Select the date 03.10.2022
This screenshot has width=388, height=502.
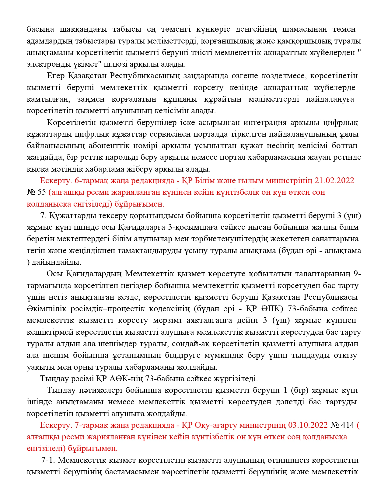(308, 425)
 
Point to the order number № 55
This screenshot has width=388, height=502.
(36, 192)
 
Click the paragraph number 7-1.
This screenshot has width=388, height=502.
(48, 460)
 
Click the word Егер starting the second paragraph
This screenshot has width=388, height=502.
(56, 76)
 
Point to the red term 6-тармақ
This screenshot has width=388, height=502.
(92, 181)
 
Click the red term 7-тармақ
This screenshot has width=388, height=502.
(92, 425)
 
